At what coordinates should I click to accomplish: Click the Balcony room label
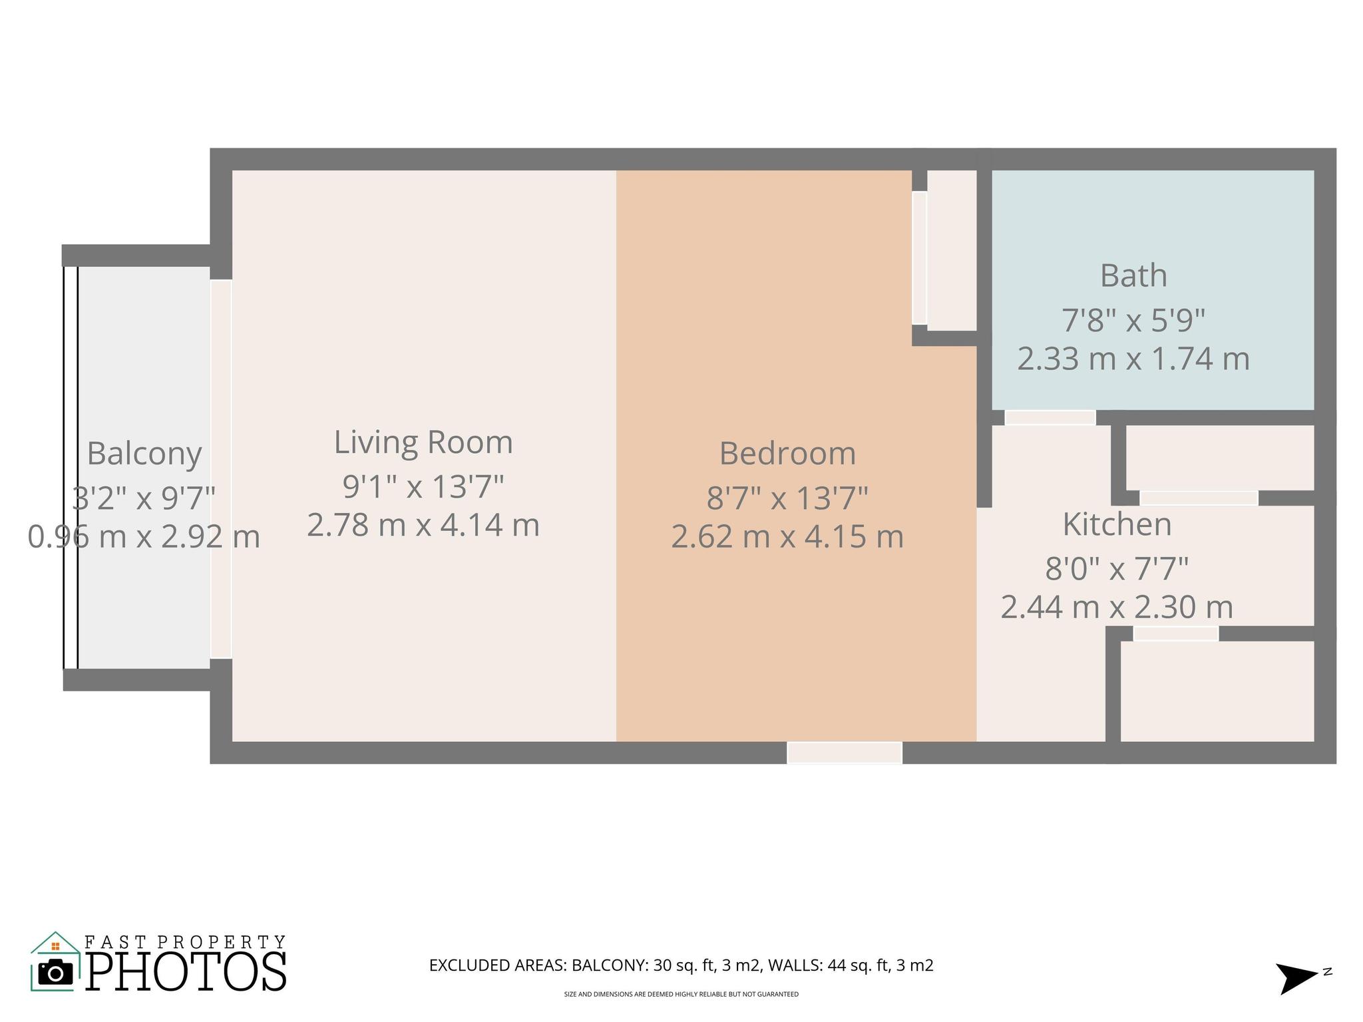point(144,454)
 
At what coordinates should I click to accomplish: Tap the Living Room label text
point(423,442)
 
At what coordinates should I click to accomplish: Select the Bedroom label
point(787,454)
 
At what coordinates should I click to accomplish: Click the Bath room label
point(1133,275)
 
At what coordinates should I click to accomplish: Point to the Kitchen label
point(1117,524)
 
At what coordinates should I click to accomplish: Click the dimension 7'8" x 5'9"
point(1133,320)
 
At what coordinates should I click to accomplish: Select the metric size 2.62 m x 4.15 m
point(787,537)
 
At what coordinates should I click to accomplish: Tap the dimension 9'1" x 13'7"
point(423,486)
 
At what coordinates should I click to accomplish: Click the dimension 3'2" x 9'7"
point(144,498)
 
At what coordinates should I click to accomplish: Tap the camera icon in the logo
point(56,973)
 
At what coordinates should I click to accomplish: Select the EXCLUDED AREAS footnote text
point(681,965)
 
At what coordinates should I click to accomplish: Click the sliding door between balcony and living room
point(221,469)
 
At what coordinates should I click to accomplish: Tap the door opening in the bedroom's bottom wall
point(845,753)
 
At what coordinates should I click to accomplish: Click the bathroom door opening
point(1050,418)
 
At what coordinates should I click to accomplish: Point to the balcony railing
point(71,467)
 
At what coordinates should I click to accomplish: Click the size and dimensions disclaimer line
point(681,995)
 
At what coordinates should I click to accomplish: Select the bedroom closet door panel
point(919,258)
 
